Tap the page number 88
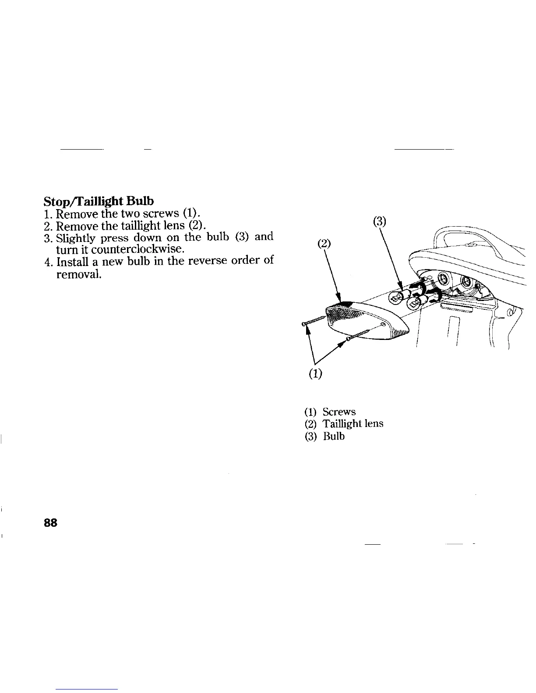coord(50,523)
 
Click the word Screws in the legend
coord(339,412)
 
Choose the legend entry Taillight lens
coord(353,424)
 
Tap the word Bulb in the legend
coord(334,437)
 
